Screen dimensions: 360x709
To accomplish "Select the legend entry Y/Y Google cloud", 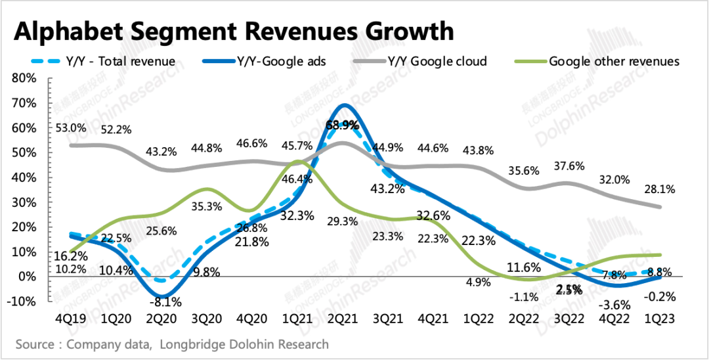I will click(437, 61).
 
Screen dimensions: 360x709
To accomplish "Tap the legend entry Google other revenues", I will click(614, 61).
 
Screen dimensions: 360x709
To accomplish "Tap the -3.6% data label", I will click(614, 304).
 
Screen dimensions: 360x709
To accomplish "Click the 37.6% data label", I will click(570, 166).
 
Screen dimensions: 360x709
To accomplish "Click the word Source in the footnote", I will click(35, 344).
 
